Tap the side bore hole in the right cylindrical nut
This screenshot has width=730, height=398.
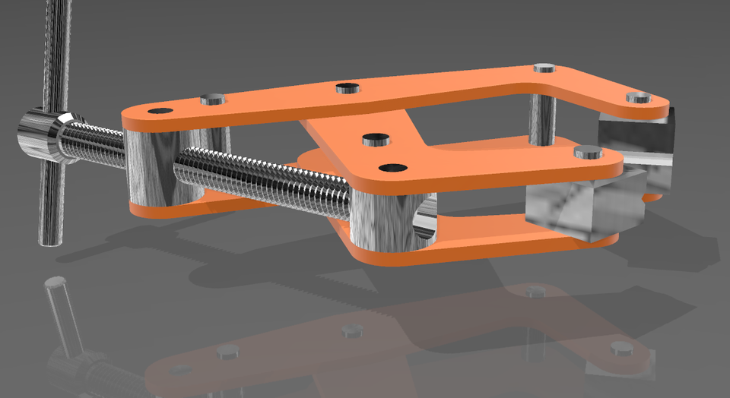[x=426, y=216]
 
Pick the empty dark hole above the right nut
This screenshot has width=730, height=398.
[x=392, y=166]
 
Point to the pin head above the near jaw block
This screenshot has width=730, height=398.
[x=589, y=152]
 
